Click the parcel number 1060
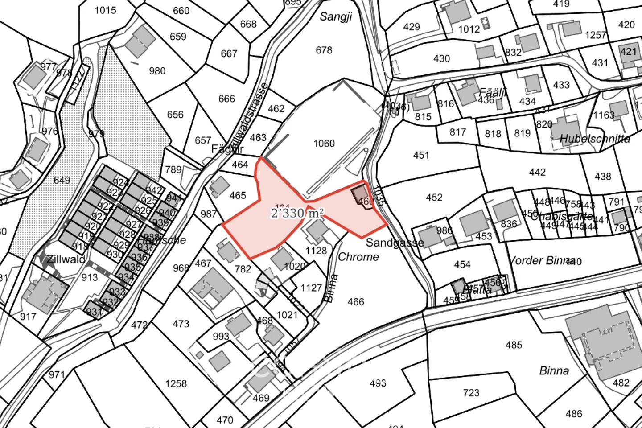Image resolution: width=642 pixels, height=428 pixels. click(324, 144)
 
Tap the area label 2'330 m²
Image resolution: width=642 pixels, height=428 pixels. click(297, 213)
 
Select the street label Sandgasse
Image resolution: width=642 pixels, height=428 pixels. click(395, 243)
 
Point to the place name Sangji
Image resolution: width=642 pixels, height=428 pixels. click(336, 17)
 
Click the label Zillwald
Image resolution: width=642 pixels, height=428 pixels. click(66, 259)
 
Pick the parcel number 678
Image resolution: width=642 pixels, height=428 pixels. click(324, 50)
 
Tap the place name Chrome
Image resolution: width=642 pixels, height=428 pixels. click(358, 257)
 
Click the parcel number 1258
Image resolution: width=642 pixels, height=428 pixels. click(176, 384)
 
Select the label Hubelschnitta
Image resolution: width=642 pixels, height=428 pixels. click(595, 139)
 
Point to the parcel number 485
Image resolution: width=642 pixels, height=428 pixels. click(514, 345)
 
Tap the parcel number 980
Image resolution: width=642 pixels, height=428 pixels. click(157, 71)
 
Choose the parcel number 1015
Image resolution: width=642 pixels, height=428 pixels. click(105, 10)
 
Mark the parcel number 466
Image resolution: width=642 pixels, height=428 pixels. click(356, 302)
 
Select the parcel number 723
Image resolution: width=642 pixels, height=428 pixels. click(471, 392)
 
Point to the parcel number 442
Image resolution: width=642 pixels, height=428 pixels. click(537, 172)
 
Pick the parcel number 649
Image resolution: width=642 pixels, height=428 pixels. click(62, 180)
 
